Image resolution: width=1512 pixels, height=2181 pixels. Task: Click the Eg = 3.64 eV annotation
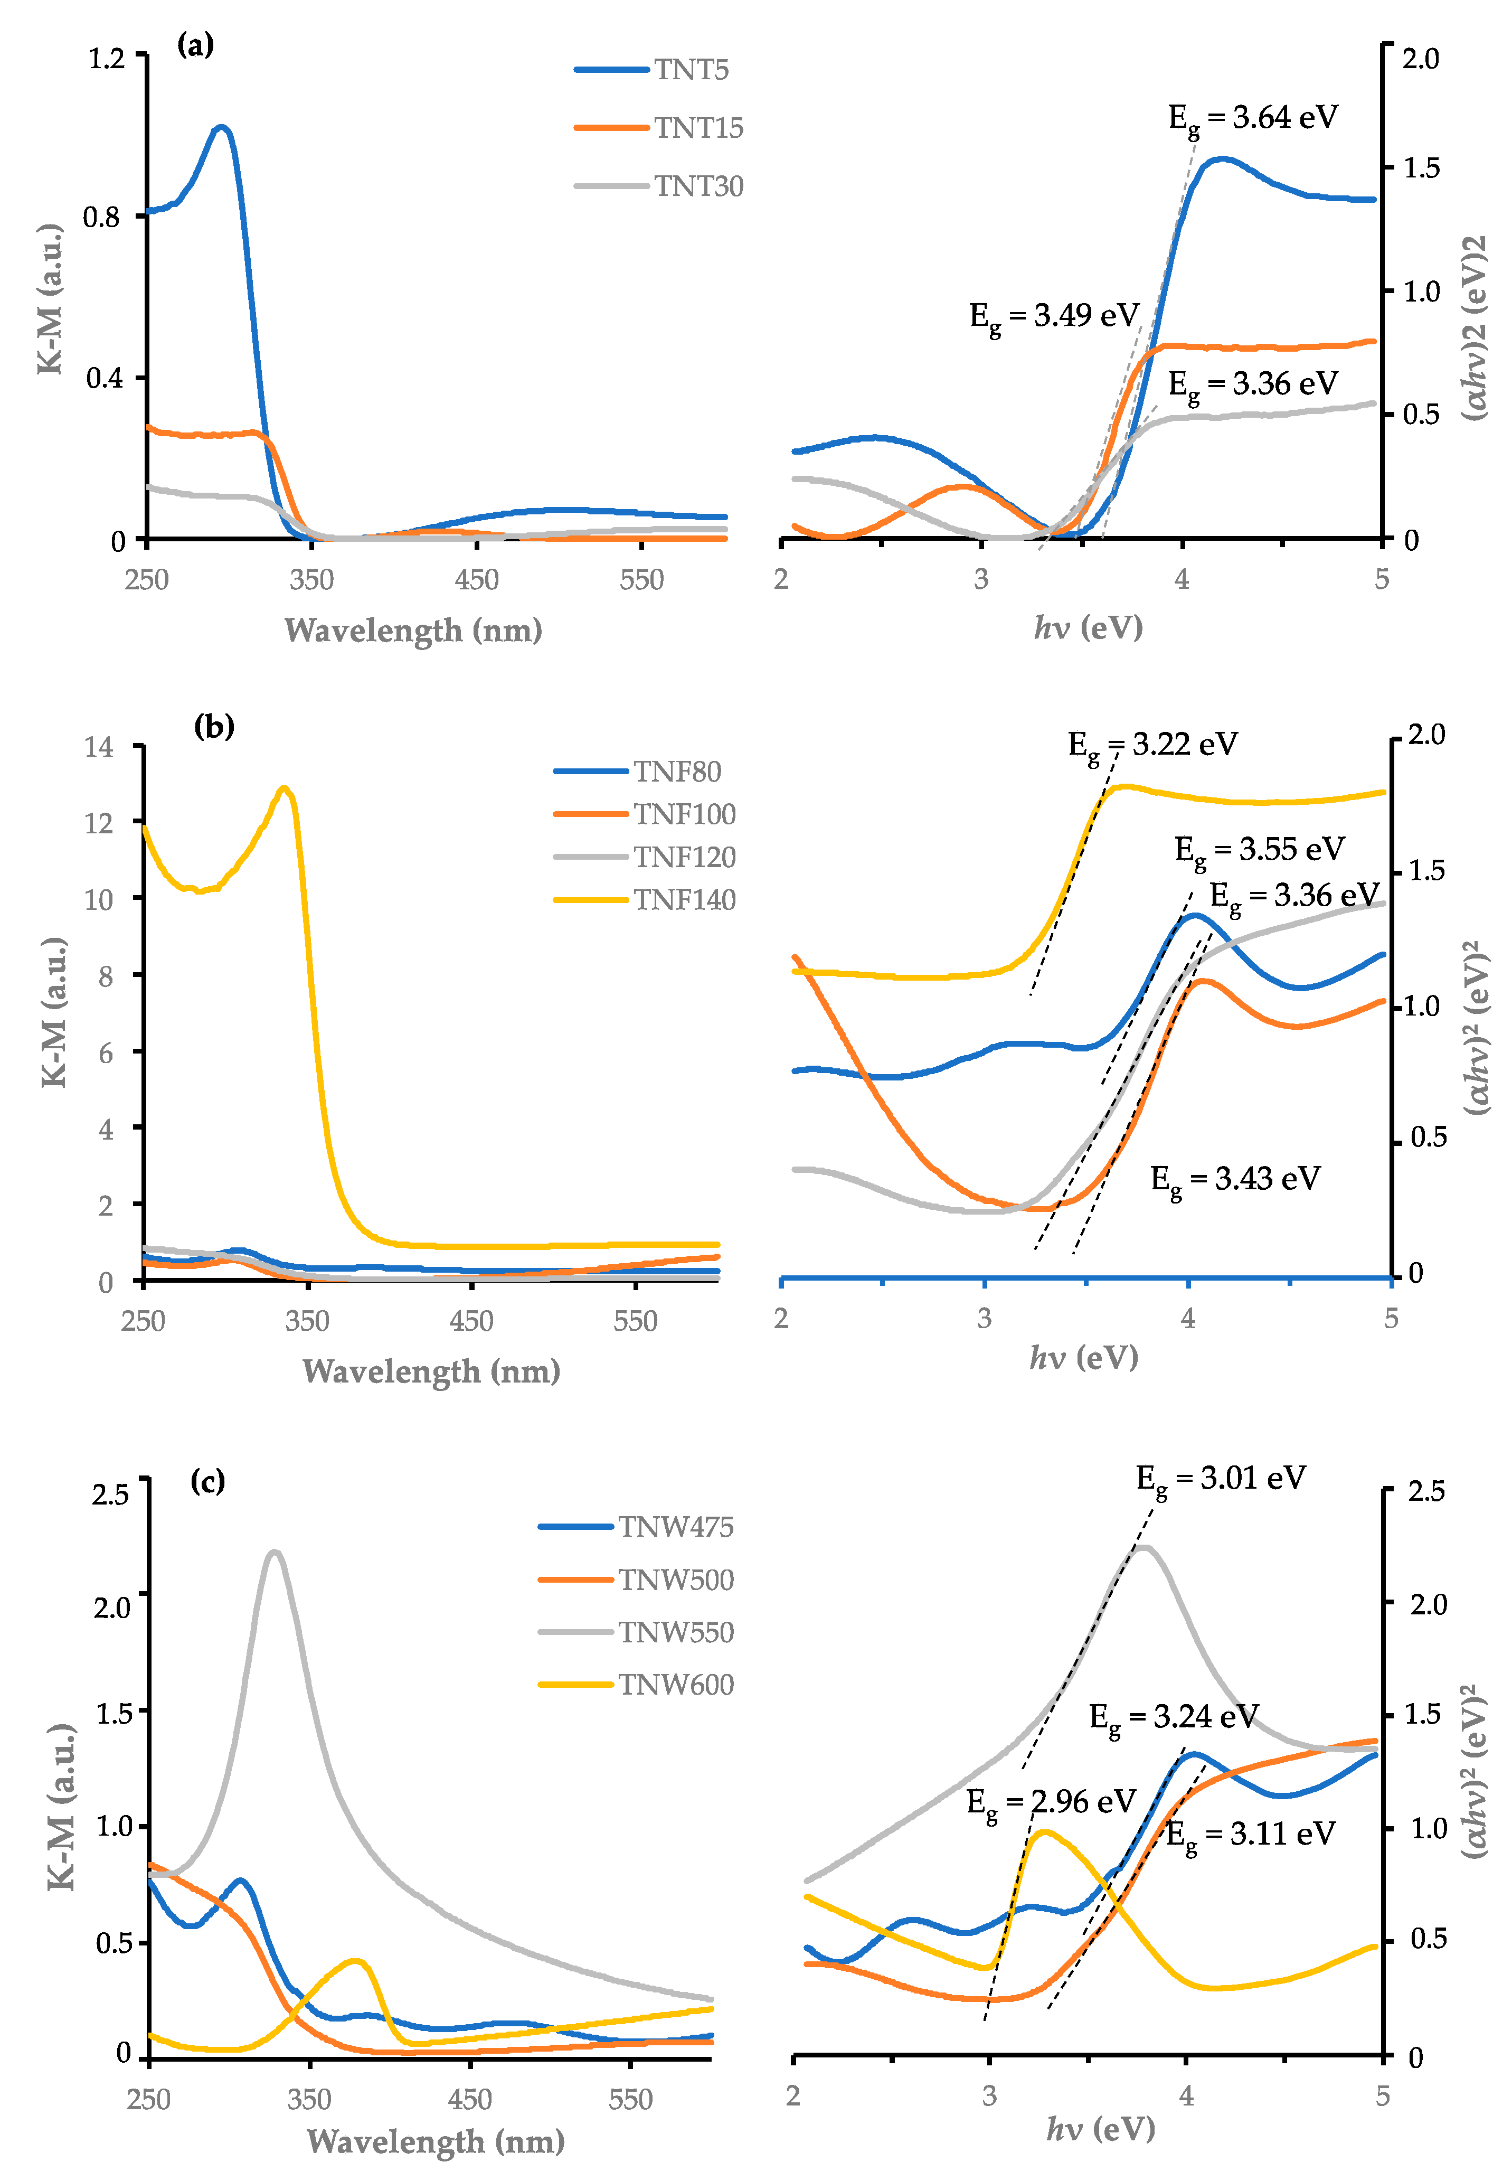pyautogui.click(x=1252, y=118)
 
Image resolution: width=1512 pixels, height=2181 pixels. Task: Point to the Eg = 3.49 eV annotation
pyautogui.click(x=1053, y=316)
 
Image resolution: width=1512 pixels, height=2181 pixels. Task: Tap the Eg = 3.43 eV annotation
pyautogui.click(x=1235, y=1180)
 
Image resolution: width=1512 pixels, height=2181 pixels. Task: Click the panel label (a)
pyautogui.click(x=195, y=44)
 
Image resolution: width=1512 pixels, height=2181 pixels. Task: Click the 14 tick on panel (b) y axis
pyautogui.click(x=99, y=748)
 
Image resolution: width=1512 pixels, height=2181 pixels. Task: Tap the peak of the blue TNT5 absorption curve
pyautogui.click(x=222, y=126)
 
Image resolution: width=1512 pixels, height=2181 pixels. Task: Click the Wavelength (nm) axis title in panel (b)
pyautogui.click(x=431, y=1371)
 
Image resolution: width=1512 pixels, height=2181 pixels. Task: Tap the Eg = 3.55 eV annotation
pyautogui.click(x=1259, y=850)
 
